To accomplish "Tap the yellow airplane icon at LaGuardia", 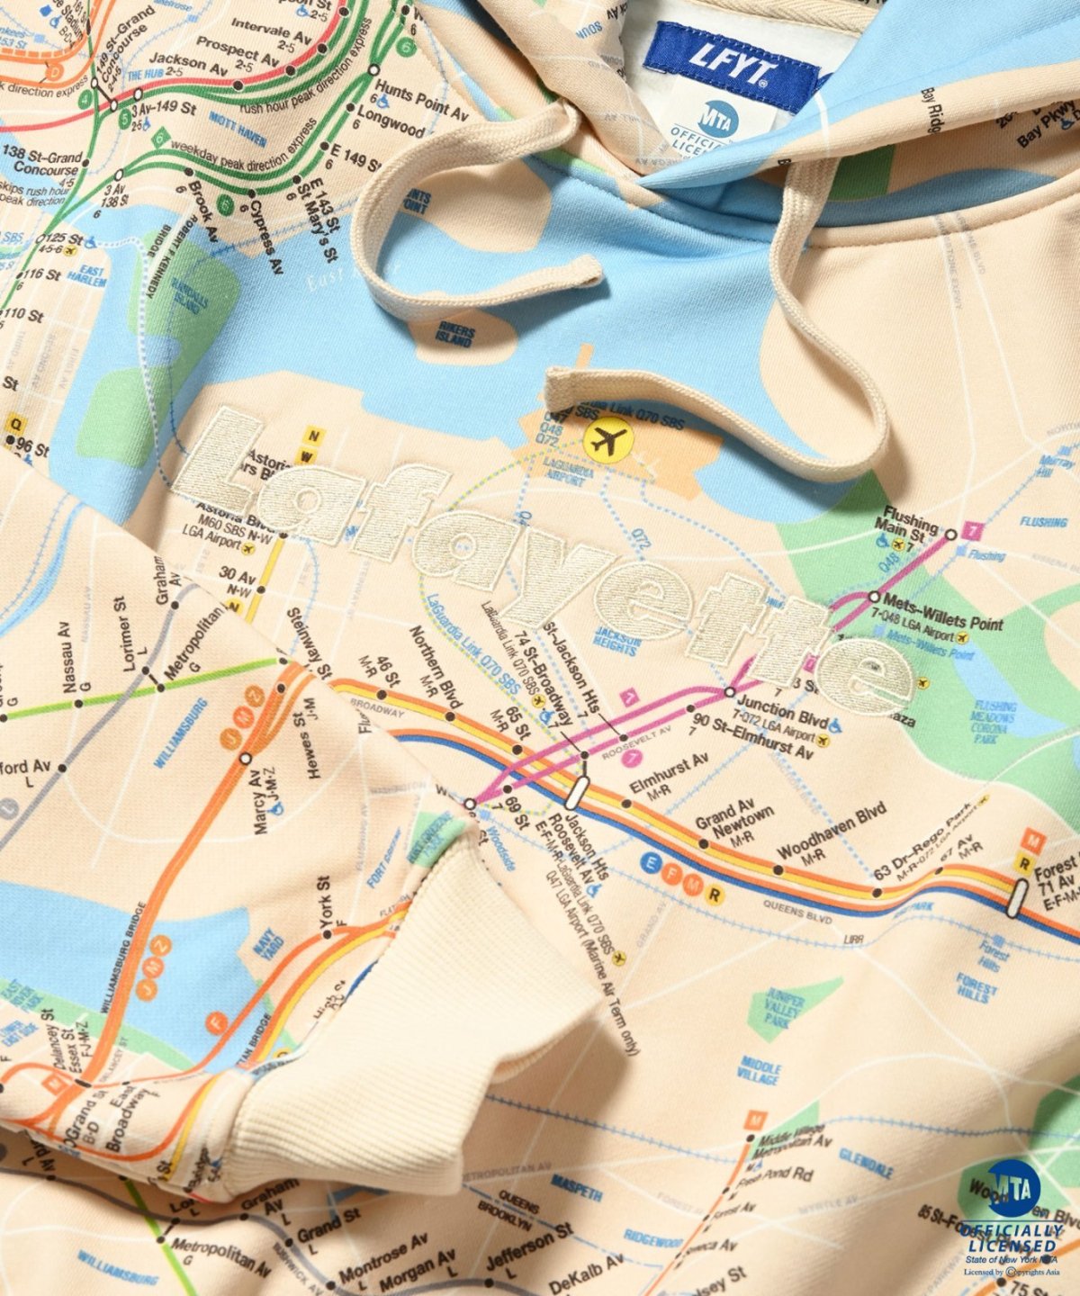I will (609, 440).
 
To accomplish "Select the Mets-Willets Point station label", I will (943, 599).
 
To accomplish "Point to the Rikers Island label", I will (454, 335).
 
